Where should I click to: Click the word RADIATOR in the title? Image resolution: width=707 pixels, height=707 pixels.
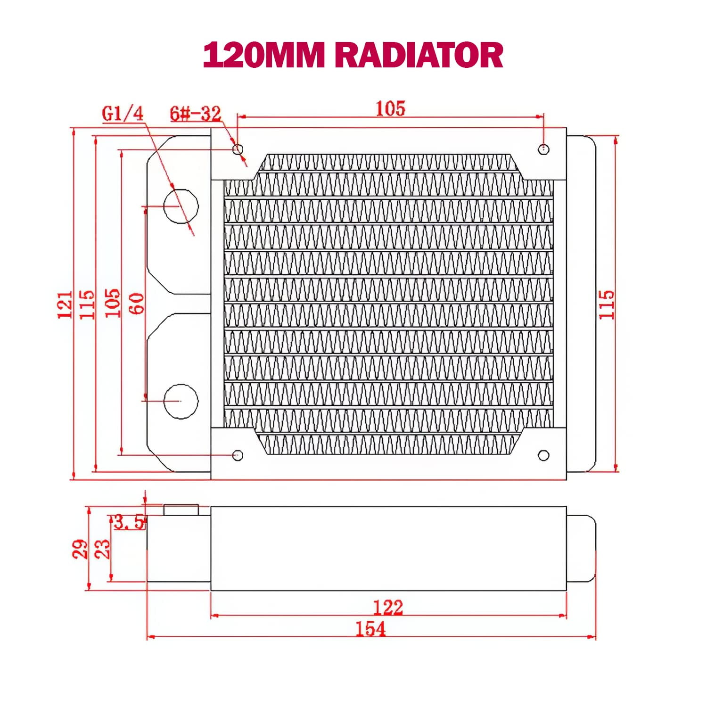(421, 55)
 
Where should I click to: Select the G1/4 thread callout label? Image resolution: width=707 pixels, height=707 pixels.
(123, 114)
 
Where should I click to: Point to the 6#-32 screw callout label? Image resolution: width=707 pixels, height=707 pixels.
(195, 114)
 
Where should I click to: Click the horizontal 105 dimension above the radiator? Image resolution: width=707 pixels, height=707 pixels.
(390, 108)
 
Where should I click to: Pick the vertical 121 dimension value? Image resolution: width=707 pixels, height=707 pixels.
(66, 304)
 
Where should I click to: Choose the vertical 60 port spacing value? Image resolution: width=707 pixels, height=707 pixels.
(137, 304)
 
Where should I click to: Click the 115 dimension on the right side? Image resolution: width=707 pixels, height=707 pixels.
(607, 304)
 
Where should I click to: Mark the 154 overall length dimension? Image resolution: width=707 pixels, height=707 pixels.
(370, 629)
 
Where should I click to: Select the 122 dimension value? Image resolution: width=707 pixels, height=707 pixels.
(388, 608)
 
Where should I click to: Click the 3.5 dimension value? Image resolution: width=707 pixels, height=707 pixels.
(129, 522)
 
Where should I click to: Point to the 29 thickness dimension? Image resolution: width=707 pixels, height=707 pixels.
(80, 549)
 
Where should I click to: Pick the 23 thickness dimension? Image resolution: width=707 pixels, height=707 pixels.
(102, 549)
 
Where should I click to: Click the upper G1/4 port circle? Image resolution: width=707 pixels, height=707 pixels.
(181, 206)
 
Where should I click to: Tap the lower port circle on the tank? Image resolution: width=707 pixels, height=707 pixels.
(181, 401)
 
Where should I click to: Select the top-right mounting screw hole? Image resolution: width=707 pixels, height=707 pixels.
(543, 149)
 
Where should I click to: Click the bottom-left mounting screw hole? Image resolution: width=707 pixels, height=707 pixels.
(238, 455)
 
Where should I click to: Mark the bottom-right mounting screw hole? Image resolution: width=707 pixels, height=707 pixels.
(543, 455)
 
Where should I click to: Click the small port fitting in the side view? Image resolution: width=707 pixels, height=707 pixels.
(181, 510)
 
